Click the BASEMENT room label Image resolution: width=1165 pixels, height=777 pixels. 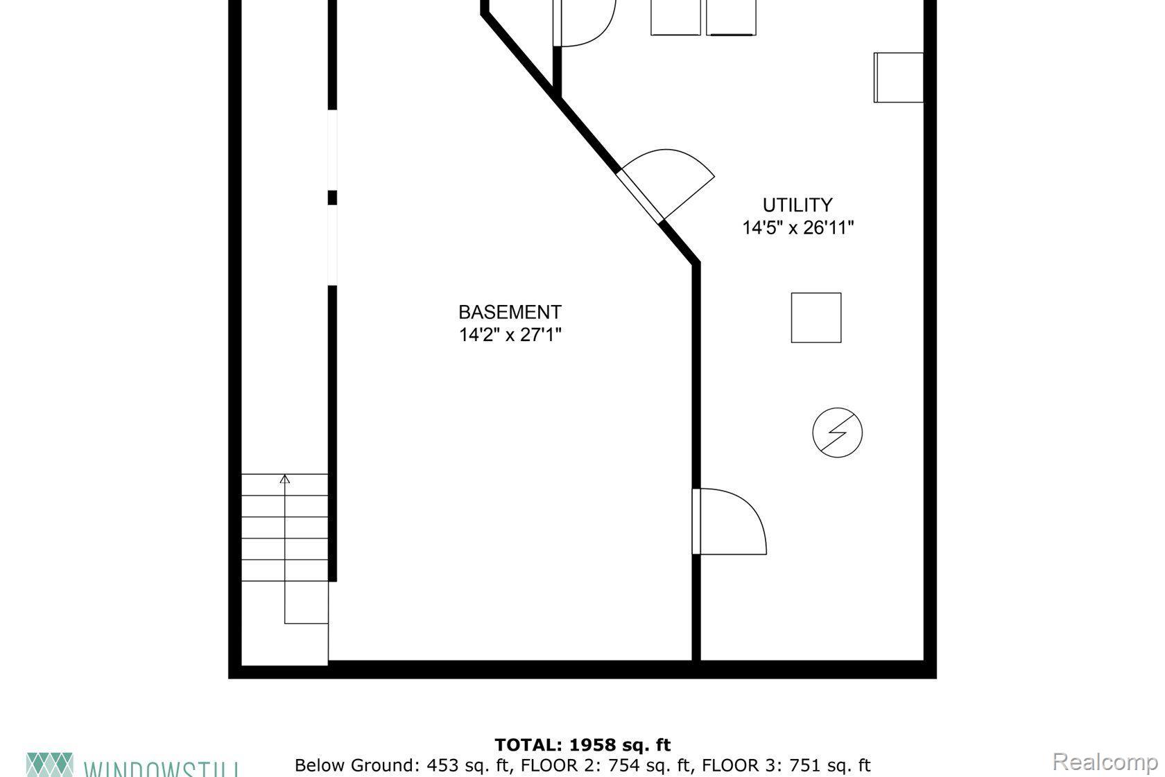[x=510, y=312]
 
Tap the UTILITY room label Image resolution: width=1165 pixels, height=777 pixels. [x=797, y=205]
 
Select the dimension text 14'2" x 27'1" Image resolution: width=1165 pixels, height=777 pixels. [x=510, y=335]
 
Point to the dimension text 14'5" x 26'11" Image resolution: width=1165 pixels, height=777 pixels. [x=797, y=227]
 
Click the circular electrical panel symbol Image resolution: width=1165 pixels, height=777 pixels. [x=837, y=433]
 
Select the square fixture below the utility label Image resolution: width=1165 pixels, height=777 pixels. [x=816, y=317]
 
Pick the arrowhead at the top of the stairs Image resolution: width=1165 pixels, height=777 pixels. [x=285, y=478]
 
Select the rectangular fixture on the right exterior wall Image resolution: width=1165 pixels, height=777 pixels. [x=898, y=78]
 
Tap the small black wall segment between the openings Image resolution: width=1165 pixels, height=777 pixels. [x=332, y=198]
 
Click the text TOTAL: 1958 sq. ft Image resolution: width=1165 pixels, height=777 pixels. [x=582, y=745]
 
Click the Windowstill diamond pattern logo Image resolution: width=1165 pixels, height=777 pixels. [x=49, y=764]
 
